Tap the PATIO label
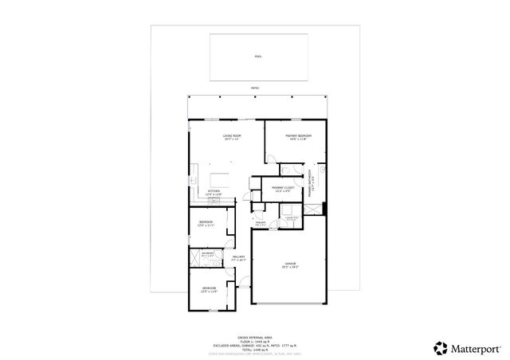point(255,88)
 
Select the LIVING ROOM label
point(232,138)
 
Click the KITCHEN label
point(214,192)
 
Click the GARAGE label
point(290,264)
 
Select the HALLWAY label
point(238,258)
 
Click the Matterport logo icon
point(439,347)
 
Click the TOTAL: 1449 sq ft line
point(255,350)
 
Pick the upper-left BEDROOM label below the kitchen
point(206,224)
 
